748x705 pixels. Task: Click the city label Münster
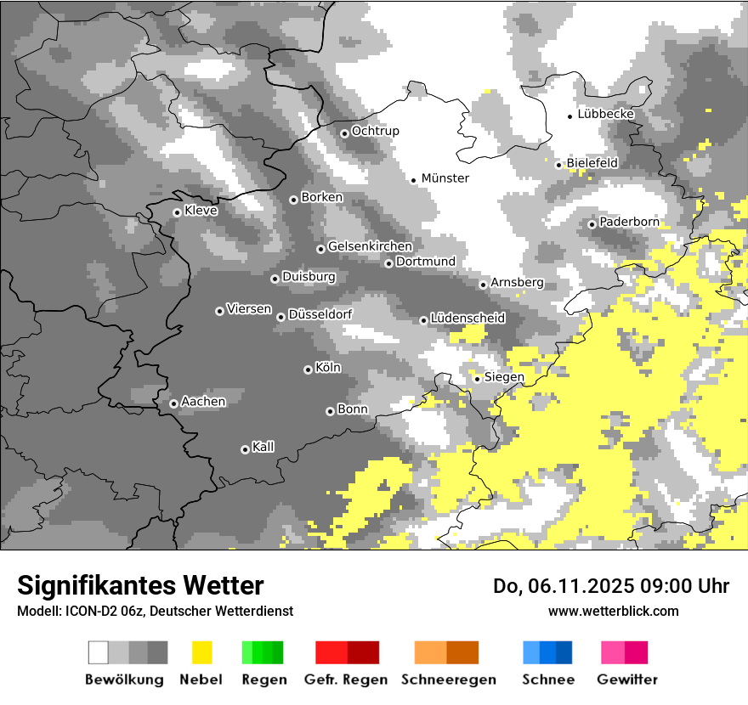445,178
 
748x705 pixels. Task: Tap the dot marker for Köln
308,369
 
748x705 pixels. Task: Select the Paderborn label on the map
629,222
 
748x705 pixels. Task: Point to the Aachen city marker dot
173,403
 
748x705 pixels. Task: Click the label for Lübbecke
605,114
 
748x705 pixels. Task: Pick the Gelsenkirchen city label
370,246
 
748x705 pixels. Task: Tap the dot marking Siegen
478,379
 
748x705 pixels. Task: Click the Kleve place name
201,211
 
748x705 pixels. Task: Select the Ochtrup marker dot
344,133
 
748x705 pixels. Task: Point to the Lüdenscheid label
467,319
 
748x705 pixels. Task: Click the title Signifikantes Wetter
140,585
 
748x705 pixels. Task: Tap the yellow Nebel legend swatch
201,652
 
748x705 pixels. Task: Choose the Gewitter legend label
626,680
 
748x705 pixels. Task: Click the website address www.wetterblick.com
613,611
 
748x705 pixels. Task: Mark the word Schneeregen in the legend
448,680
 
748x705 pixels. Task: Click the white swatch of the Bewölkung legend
99,652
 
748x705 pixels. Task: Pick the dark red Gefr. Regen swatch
363,652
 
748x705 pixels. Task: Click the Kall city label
263,447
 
